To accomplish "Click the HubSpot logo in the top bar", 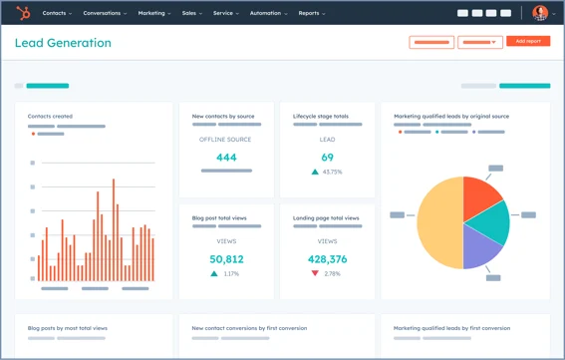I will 23,13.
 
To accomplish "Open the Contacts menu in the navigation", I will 57,14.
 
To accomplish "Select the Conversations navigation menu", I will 104,14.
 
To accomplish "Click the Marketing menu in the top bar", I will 153,14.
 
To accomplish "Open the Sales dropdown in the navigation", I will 191,14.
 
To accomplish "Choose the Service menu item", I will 225,14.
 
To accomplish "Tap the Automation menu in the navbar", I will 267,14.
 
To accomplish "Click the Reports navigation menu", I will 311,14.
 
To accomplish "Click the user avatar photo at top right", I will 540,13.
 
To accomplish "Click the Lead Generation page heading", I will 63,44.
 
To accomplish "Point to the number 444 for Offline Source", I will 226,158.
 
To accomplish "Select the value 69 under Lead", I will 327,158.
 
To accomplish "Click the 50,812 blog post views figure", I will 226,259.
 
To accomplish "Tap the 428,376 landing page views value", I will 327,259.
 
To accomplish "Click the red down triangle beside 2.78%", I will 315,273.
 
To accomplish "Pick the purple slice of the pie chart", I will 480,250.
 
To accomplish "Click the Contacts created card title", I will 50,117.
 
